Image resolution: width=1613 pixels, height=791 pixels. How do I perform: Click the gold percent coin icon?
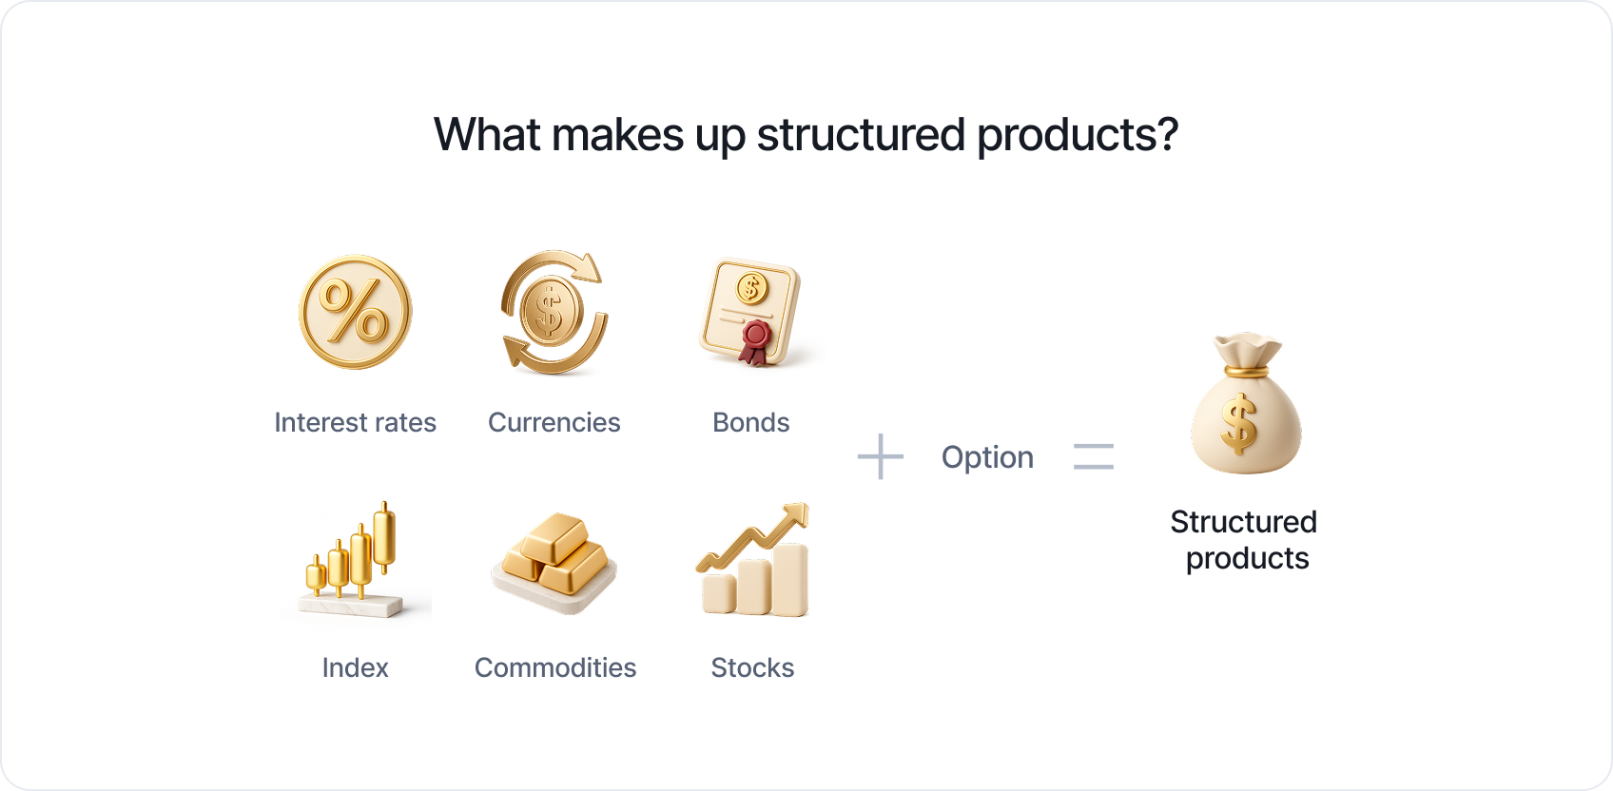355,313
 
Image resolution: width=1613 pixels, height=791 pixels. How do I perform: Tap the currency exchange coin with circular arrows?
554,313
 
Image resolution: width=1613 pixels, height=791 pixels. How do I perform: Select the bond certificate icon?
751,312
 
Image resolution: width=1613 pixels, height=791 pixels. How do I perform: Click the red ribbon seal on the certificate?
755,342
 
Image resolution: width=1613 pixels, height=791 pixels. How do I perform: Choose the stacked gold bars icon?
554,562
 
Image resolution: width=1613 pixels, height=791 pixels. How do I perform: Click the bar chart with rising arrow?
753,559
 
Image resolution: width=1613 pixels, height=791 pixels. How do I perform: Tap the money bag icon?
1247,403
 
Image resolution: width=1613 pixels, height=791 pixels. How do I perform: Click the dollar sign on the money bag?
1239,425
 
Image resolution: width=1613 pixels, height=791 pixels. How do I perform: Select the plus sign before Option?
880,456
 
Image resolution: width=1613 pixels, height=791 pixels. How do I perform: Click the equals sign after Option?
1093,456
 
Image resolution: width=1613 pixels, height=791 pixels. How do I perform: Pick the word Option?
987,457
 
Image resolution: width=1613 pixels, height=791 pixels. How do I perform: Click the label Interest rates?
355,422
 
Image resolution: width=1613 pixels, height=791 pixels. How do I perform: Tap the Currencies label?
554,422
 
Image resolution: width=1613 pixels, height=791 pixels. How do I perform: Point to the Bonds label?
751,422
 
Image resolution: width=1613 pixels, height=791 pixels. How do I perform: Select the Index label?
355,668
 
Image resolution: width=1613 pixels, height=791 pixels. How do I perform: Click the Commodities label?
555,668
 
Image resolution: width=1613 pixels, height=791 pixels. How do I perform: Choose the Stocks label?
752,668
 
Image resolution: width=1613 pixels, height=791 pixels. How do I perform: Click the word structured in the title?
861,135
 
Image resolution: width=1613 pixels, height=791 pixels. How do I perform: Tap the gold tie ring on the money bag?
1247,372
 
